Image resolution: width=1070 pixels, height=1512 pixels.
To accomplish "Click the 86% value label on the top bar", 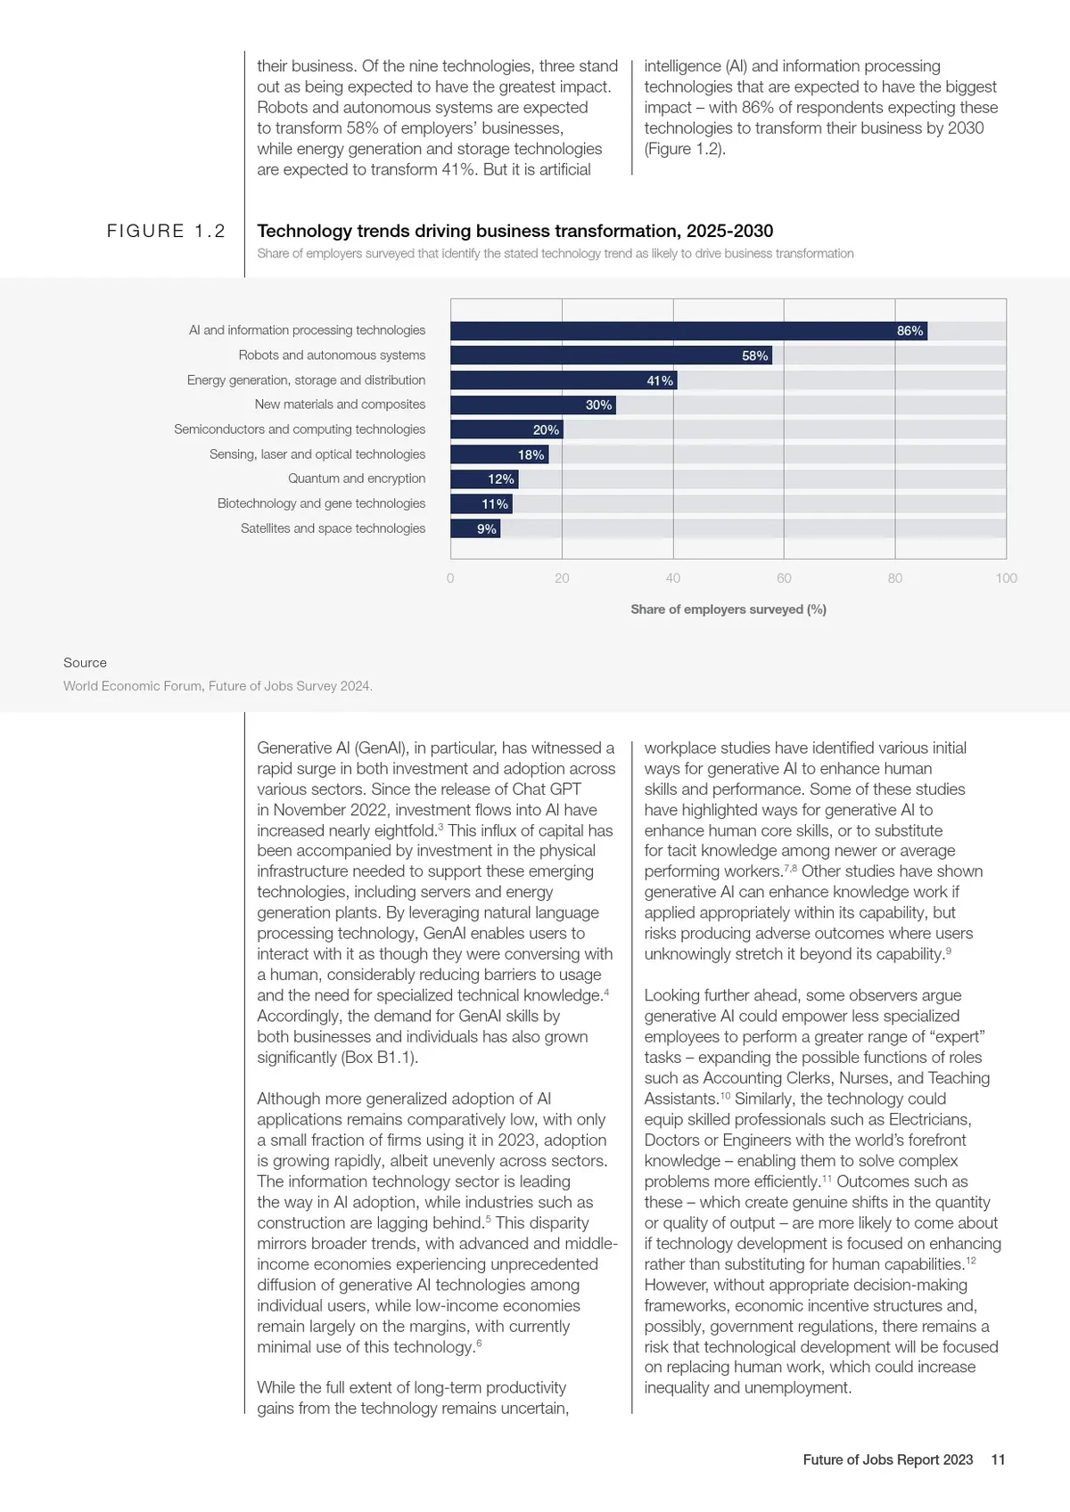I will pos(909,331).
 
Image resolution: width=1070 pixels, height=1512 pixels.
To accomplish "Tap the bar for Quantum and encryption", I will pos(484,479).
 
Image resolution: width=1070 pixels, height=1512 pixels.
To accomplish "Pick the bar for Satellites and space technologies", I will pos(475,529).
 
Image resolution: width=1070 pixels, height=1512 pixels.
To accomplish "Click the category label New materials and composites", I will pos(340,405).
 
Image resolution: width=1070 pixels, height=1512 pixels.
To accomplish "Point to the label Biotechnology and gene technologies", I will pos(321,503).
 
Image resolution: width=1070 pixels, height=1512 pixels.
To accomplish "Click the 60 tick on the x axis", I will pos(784,578).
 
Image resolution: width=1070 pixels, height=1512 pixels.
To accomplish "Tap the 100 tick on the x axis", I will pos(1006,578).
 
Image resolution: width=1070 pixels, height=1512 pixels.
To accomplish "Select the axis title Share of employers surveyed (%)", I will pos(728,609).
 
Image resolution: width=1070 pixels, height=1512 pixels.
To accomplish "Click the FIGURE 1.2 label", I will pos(166,231).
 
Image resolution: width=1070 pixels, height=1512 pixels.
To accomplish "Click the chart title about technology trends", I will pos(514,231).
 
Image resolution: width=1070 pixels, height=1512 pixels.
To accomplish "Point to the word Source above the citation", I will pos(85,663).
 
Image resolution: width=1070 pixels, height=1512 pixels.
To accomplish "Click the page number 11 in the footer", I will pos(998,1459).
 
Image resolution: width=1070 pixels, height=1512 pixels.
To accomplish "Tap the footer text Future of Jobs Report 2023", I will pos(887,1459).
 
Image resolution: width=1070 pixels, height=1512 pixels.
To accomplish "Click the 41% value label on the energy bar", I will pos(660,380).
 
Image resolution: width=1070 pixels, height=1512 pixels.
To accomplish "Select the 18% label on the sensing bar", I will pos(531,454).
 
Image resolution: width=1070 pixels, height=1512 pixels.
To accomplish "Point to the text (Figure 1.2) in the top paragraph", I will pos(685,149).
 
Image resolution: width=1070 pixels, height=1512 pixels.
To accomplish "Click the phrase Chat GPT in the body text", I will pos(547,789).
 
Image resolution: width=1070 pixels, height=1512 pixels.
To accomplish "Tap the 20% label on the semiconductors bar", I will pos(546,429).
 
